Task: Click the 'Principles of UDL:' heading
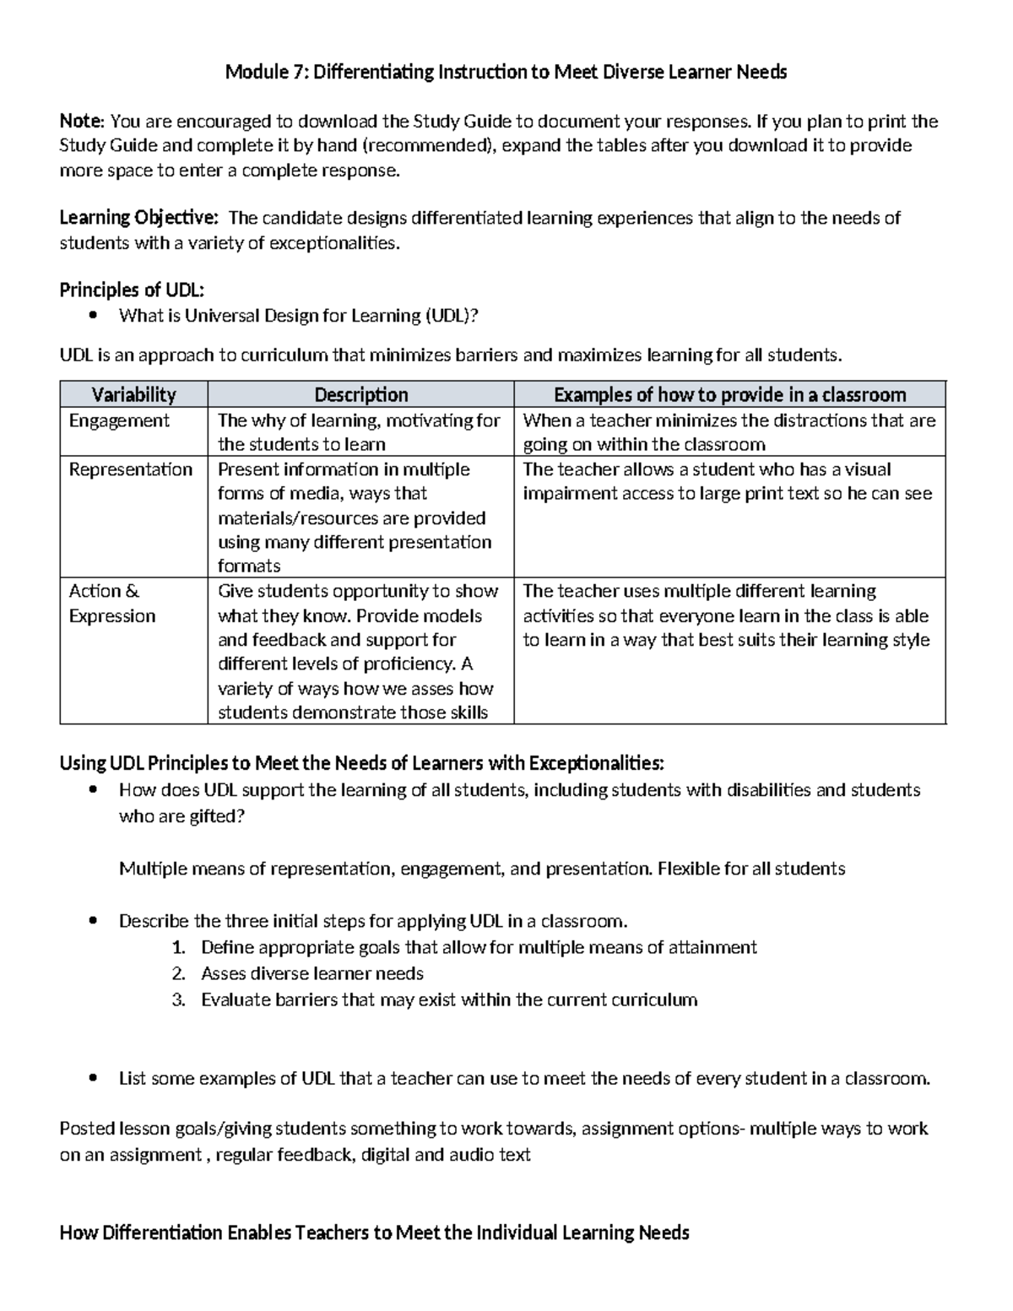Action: point(132,290)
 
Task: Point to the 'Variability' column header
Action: point(133,395)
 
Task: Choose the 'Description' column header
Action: point(360,395)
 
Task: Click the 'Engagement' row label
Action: point(119,420)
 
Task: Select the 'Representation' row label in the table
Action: point(131,469)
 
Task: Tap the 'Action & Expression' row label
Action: point(111,603)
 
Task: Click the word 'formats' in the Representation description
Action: point(249,566)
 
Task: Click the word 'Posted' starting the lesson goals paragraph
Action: point(86,1129)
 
